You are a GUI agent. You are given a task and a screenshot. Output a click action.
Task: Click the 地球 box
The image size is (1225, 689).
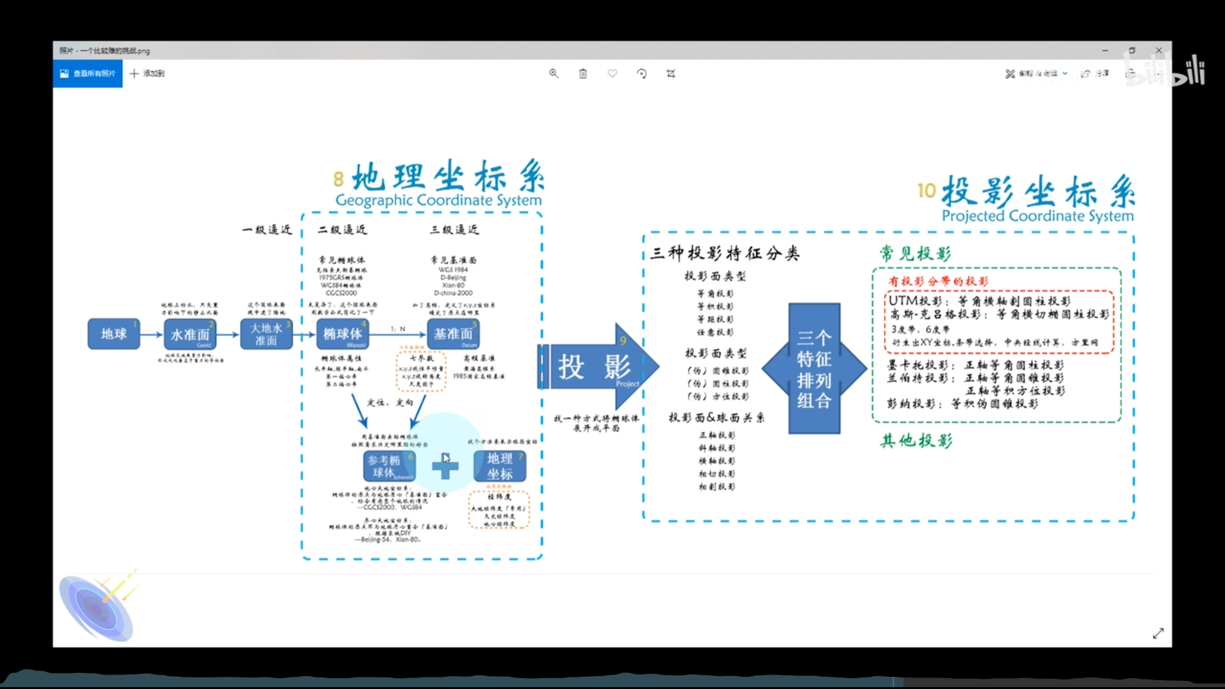pos(114,334)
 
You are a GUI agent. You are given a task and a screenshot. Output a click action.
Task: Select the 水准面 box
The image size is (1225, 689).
pos(190,334)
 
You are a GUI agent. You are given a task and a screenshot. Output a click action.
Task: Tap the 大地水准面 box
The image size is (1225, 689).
pos(266,334)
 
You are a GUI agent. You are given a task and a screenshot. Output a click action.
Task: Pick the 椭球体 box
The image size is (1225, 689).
pos(342,334)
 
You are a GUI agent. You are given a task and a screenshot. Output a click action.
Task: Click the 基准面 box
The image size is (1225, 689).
pos(453,334)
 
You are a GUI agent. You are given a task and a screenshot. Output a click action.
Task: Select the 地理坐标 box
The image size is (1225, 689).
pos(500,466)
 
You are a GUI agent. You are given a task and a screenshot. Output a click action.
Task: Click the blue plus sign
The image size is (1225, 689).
pos(445,467)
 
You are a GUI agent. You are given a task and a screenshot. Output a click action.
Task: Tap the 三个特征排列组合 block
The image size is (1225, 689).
pos(813,369)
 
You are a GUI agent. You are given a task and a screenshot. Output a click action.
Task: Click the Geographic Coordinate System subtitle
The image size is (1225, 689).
pos(438,200)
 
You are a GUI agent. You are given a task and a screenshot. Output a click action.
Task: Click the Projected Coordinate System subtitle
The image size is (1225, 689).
pos(1037,216)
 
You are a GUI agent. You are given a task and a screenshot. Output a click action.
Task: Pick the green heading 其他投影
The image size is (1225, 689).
pos(916,441)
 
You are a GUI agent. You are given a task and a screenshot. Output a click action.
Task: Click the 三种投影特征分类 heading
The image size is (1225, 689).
pos(725,253)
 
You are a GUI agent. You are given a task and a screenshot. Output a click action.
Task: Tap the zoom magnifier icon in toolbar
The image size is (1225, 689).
pos(554,73)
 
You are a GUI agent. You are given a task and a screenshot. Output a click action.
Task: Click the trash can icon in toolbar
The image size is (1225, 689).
pos(583,73)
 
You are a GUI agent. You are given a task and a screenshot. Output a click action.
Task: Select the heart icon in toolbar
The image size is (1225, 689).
pos(612,73)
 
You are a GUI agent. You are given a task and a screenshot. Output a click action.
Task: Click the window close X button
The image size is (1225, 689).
pos(1159,50)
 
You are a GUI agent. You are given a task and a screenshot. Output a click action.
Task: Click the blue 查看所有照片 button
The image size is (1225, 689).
pos(87,73)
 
